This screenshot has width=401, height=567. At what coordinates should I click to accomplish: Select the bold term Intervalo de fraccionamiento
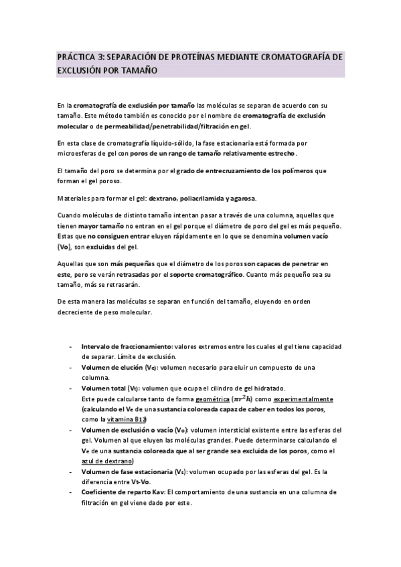point(127,347)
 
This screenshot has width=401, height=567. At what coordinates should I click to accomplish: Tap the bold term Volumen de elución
point(117,368)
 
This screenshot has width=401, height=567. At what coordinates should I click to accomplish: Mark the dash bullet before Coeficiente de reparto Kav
point(72,491)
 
